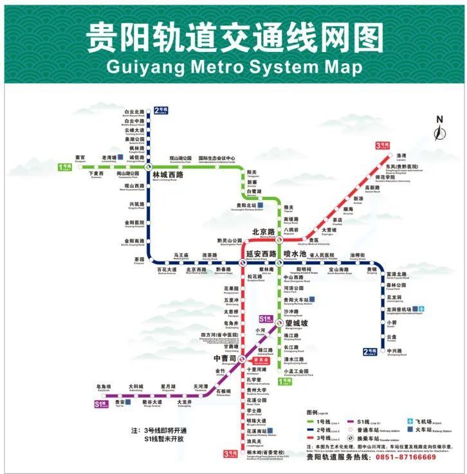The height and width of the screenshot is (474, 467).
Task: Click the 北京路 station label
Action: (263, 232)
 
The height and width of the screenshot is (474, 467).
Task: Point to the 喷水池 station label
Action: (295, 253)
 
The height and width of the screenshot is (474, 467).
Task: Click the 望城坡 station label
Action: (296, 323)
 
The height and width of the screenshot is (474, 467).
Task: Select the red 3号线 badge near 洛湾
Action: (383, 145)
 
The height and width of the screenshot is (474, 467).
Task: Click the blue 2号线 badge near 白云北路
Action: (161, 109)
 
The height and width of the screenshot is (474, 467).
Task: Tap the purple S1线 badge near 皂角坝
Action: (100, 405)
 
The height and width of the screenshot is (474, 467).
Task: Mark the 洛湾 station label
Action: (401, 156)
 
